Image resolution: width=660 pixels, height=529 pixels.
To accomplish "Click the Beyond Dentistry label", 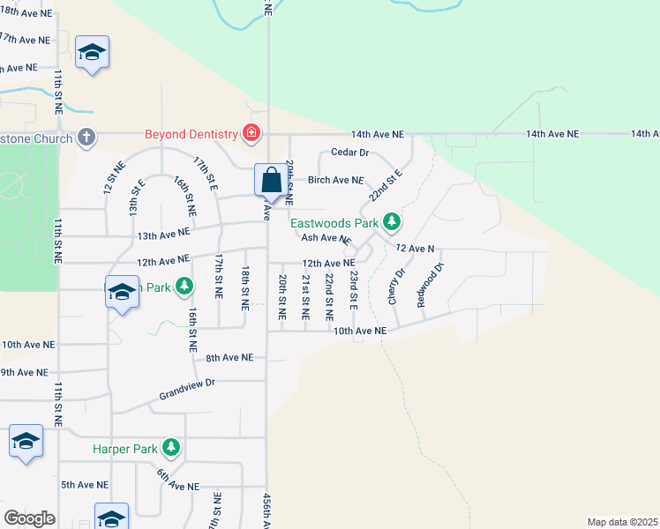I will pos(193,134).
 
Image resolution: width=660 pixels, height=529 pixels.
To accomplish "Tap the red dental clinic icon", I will pos(251,134).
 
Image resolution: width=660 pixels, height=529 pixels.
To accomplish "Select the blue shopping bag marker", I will pos(270,180).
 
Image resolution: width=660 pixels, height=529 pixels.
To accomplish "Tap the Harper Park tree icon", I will pos(171,449).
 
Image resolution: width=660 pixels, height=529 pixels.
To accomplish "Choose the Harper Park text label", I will pos(124,449).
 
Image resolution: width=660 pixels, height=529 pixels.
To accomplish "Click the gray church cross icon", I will pos(86,137).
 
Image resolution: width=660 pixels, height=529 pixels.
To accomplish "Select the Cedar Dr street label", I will pos(349,153).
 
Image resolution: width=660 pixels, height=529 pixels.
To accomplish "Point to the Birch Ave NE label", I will pos(335,180).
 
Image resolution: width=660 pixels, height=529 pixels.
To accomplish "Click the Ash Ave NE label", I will pos(326,238).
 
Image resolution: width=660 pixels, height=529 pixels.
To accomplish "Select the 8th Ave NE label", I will pos(229,357).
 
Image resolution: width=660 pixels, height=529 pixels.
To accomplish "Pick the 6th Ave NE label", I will pos(179,481).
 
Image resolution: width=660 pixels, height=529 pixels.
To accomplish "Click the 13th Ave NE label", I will pos(163,234).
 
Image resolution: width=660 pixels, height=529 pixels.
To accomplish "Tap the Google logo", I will pos(29,518).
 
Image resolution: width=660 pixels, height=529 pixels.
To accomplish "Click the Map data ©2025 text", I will pos(622,522).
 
